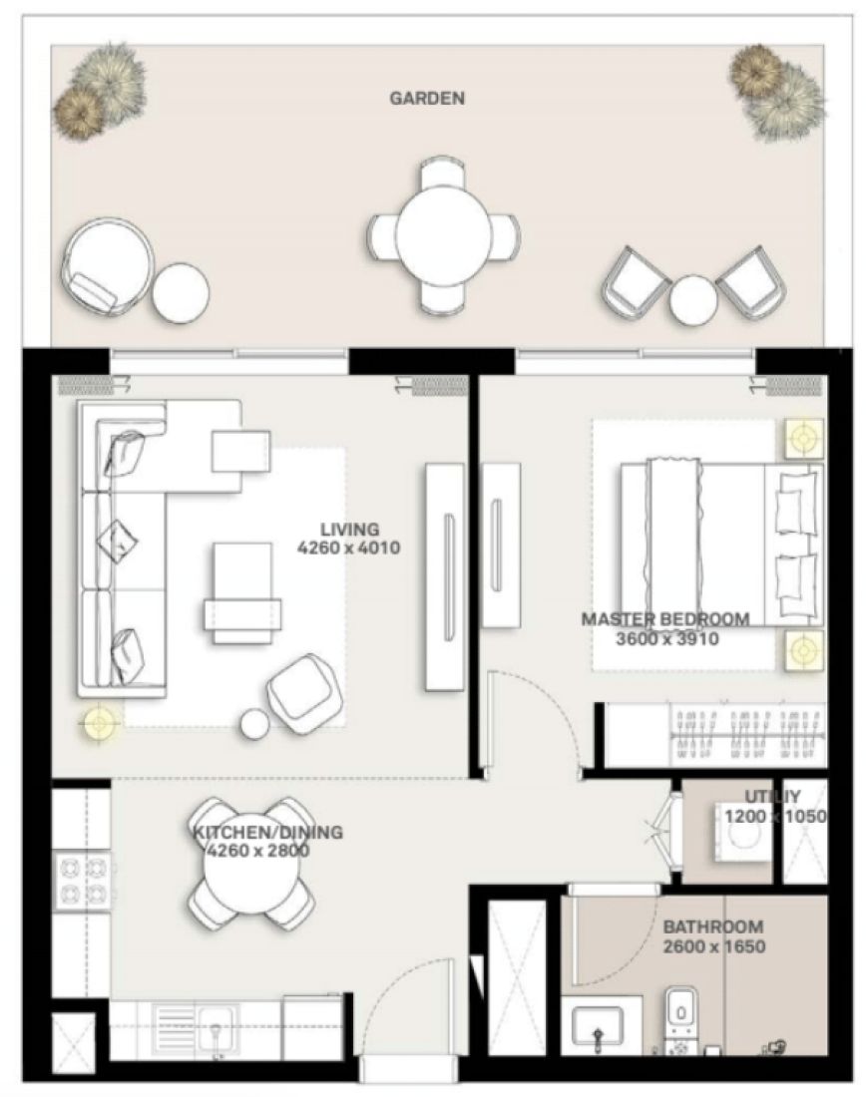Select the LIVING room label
[349, 529]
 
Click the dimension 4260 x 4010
[349, 548]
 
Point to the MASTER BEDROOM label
[664, 619]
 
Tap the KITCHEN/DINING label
[267, 832]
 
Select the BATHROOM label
[712, 926]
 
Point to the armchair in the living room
[303, 687]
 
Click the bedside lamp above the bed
[804, 436]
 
